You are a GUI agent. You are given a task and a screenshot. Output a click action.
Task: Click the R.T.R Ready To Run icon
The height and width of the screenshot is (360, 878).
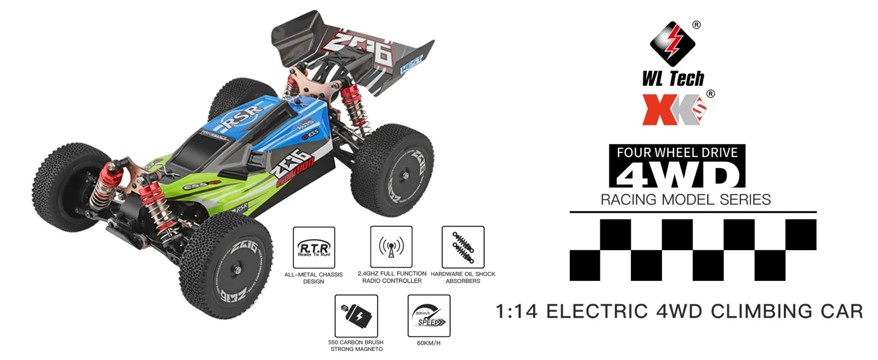(x=314, y=247)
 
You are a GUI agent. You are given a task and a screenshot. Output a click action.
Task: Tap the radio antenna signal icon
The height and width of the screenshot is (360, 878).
(x=391, y=247)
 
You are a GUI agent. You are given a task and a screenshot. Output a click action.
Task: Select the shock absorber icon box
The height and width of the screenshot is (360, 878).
(x=462, y=247)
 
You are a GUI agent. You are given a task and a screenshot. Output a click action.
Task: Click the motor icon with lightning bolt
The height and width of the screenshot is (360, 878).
(x=356, y=316)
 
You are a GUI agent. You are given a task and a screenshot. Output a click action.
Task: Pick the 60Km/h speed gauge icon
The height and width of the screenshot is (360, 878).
(x=429, y=316)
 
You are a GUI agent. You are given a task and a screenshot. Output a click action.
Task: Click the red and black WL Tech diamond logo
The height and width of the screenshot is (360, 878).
(x=672, y=44)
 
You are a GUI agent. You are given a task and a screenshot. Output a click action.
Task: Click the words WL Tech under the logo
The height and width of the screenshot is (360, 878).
(x=673, y=79)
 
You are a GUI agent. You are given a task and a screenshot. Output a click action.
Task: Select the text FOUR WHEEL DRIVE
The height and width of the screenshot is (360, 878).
(x=677, y=152)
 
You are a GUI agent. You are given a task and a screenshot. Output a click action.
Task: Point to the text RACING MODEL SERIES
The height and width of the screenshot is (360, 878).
(x=685, y=199)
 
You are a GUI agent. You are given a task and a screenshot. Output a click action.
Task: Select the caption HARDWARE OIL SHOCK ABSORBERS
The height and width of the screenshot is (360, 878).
(x=463, y=278)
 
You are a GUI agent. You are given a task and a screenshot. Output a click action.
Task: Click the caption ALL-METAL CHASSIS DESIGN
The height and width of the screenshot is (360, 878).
(x=314, y=278)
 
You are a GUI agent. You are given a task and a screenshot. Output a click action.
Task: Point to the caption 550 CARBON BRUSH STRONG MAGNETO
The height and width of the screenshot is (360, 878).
(x=356, y=346)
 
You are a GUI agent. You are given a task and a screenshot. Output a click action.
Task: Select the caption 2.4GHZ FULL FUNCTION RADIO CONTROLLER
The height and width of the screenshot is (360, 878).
(x=392, y=277)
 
